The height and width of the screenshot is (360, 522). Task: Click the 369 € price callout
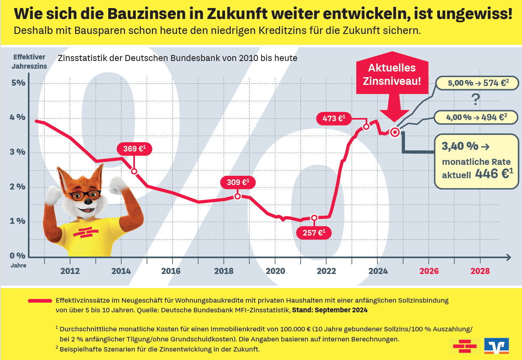[131, 149]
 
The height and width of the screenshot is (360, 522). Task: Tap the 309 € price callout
[237, 182]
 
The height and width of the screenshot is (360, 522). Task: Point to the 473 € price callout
[333, 118]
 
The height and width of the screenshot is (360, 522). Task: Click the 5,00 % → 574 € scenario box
[477, 83]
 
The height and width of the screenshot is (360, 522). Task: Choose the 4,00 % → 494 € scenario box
[476, 117]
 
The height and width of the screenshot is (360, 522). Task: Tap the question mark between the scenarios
[476, 99]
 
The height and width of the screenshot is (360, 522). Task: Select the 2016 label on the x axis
[171, 271]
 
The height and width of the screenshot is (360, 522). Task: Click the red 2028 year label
[480, 271]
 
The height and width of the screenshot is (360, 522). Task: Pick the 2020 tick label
[275, 271]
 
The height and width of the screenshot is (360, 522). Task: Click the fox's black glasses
[84, 195]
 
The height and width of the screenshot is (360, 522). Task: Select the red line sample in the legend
[40, 301]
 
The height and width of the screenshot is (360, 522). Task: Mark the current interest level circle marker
[395, 132]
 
